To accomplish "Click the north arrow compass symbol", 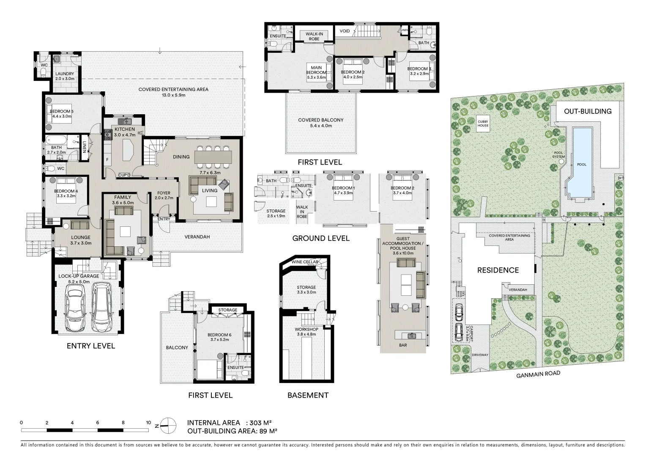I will click(x=168, y=426).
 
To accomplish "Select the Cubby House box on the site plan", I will click(x=483, y=124).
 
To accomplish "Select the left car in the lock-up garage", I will click(x=75, y=308).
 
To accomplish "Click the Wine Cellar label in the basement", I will click(x=304, y=262).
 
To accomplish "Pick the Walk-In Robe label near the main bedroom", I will click(x=314, y=36).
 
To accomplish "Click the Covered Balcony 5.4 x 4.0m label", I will click(x=321, y=123).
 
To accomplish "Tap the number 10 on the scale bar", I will click(x=148, y=423).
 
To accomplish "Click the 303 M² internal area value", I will click(x=260, y=423).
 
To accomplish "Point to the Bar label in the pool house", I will click(x=403, y=345).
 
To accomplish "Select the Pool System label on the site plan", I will click(x=558, y=155).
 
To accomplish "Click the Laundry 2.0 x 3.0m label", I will click(x=65, y=76).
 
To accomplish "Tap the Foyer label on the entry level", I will click(x=164, y=193).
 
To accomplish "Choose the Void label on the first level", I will click(x=345, y=31).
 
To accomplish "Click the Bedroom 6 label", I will click(x=219, y=335).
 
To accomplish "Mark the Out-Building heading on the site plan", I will click(x=588, y=111).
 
